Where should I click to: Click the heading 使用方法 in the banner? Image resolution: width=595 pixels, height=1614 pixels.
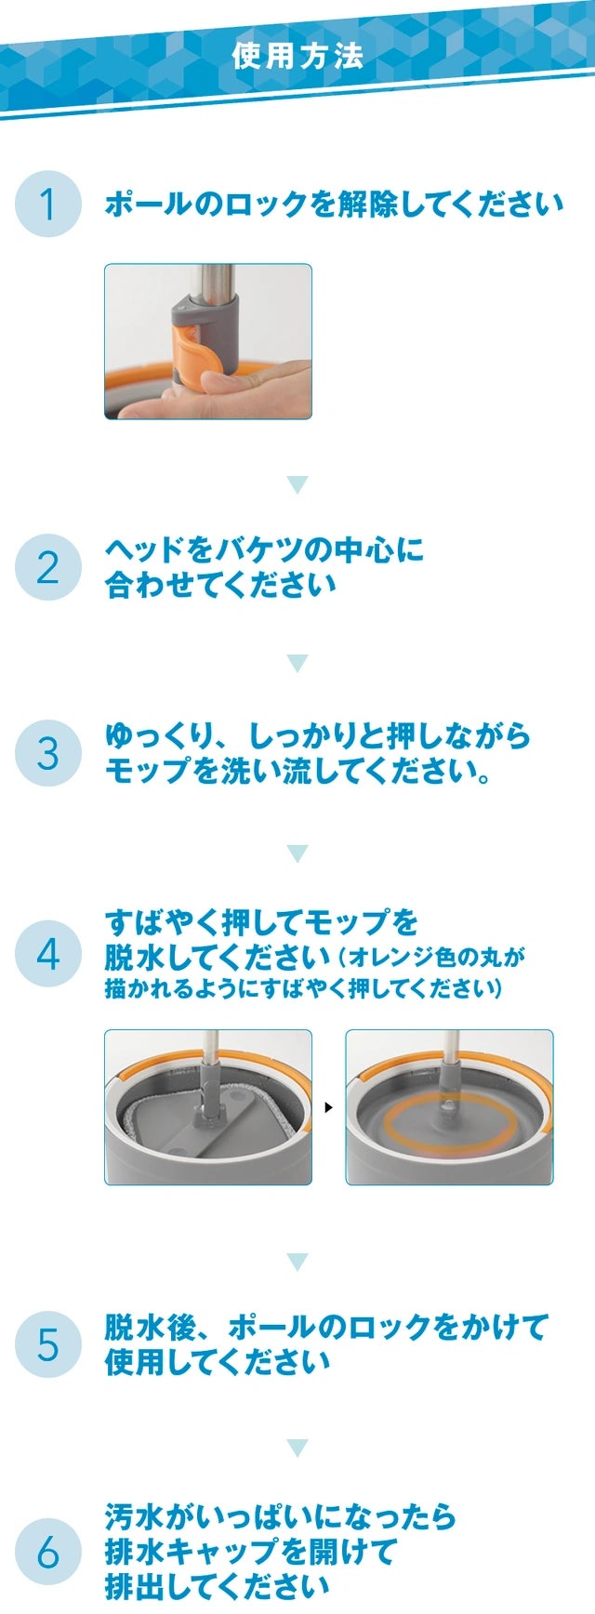pos(297,56)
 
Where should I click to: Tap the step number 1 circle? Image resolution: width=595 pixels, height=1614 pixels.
pos(48,204)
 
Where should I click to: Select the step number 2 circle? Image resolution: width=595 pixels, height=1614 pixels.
pos(48,567)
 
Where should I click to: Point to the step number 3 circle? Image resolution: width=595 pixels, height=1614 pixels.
pos(48,753)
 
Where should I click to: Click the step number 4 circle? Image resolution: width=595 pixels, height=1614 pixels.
pos(48,954)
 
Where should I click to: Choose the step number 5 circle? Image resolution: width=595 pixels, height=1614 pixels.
pos(48,1344)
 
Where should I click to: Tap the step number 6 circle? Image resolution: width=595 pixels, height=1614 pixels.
pos(48,1552)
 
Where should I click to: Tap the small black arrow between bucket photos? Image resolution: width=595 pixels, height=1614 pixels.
pos(328,1107)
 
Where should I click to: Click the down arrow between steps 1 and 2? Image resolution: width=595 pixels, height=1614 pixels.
pos(297,484)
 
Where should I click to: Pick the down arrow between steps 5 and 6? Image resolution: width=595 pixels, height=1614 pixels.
pos(297,1448)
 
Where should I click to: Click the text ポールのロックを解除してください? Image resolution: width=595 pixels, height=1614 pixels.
pos(334,204)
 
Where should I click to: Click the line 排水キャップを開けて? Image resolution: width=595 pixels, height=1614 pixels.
pos(250,1552)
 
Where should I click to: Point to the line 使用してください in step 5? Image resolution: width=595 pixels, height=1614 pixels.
pos(218,1362)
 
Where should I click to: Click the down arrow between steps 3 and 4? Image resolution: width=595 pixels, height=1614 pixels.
pos(297,853)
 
